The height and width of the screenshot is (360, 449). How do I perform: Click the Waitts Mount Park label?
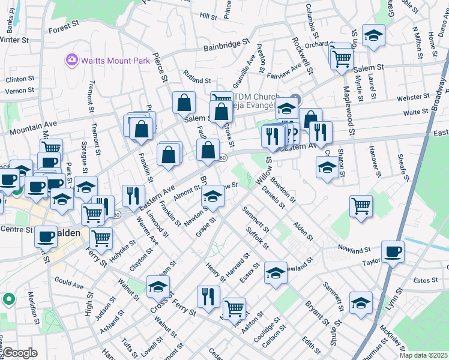coord(107,59)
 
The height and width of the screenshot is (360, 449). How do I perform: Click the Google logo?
coord(20,353)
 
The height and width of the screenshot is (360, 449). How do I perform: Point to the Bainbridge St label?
coord(226,44)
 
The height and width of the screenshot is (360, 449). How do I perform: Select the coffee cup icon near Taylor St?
coord(393,251)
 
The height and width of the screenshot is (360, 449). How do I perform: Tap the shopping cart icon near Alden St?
coord(361,206)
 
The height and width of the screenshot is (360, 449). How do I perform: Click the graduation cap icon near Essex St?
coord(276,273)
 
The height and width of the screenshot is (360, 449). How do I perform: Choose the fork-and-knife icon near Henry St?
coord(208,296)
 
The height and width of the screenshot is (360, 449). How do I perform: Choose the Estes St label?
coord(426,280)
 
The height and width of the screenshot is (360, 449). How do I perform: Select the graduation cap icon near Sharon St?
coord(327,169)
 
